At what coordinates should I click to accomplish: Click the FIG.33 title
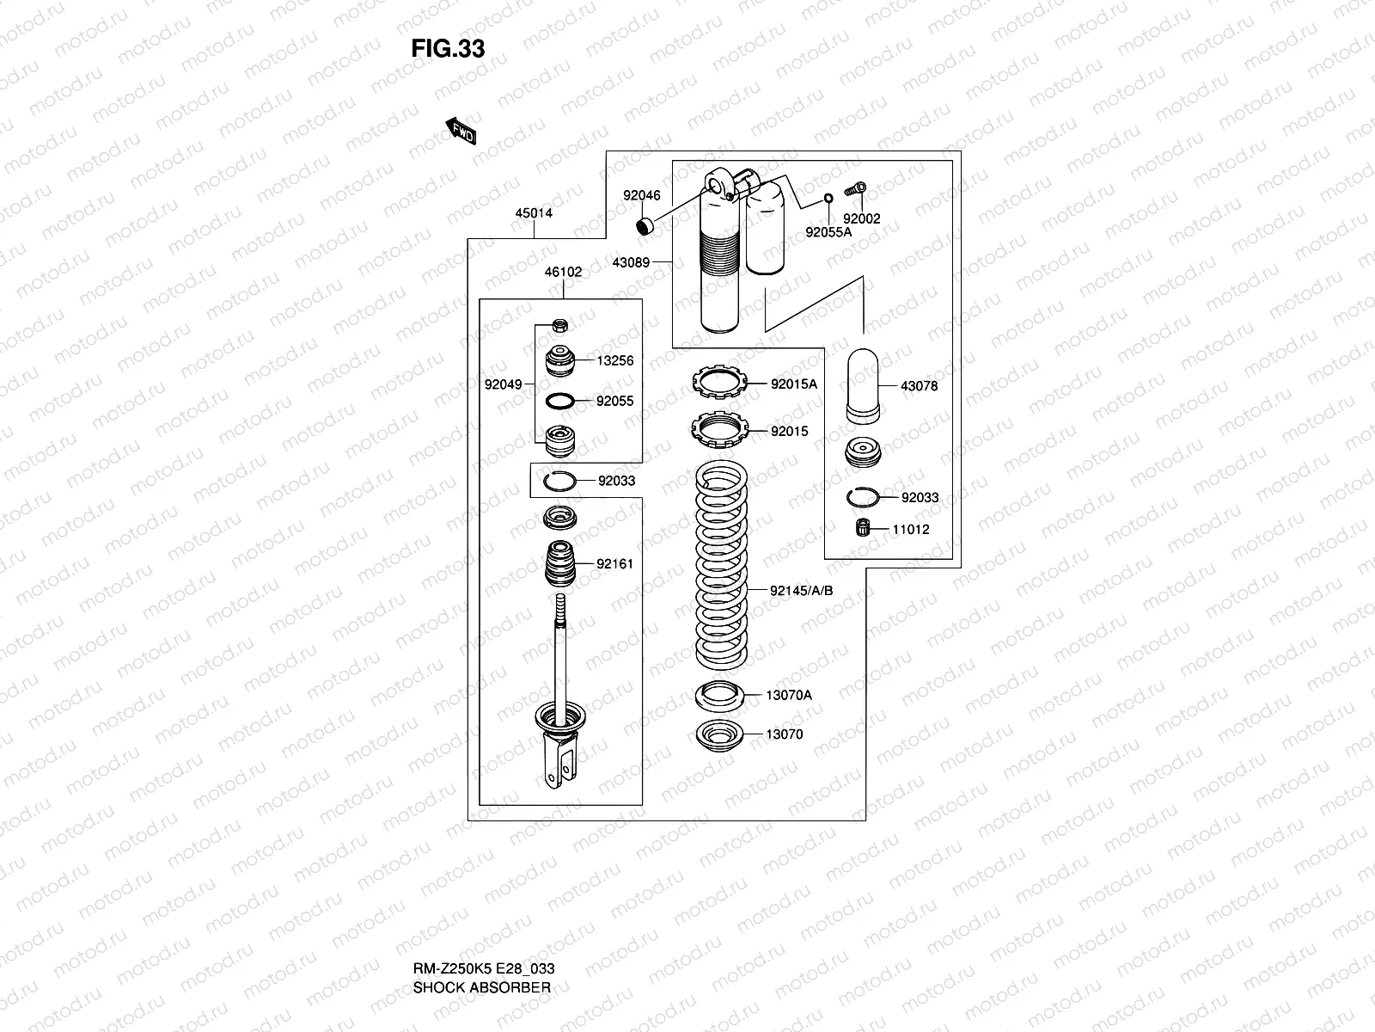coord(448,49)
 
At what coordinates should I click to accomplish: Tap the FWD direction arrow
coord(461,132)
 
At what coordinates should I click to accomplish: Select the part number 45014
coord(534,213)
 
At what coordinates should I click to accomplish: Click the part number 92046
coord(642,195)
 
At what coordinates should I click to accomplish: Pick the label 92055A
coord(828,231)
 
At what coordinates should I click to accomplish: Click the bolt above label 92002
coord(856,189)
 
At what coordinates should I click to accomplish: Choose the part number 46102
coord(563,272)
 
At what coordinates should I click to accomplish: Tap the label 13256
coord(615,360)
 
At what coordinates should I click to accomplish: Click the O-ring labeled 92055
coord(559,401)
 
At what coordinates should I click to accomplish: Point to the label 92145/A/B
coord(802,591)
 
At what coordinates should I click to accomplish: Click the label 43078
coord(919,386)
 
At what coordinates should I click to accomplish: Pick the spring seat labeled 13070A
coord(718,695)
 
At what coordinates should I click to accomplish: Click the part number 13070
coord(785,734)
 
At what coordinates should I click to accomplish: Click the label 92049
coord(503,384)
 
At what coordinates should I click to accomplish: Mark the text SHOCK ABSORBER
coord(481,987)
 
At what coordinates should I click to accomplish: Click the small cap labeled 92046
coord(645,227)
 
